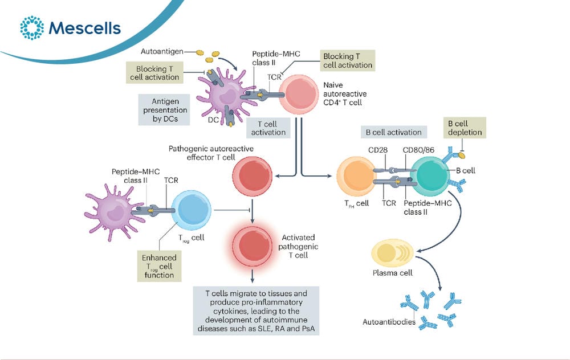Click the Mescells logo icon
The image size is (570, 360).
point(32,27)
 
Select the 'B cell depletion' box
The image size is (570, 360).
point(465,128)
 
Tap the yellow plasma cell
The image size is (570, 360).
point(392,253)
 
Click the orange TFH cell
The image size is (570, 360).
point(356,177)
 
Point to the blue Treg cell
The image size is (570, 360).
point(191,210)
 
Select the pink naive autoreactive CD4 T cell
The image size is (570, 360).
point(299,95)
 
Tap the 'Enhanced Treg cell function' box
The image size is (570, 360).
point(159,266)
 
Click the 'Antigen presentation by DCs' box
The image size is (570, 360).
point(164,110)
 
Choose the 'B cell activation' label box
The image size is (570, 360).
point(394,132)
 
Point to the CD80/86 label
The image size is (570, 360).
point(418,150)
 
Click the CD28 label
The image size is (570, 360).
point(378,150)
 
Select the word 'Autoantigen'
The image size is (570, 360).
point(162,52)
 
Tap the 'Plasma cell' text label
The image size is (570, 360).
point(393,273)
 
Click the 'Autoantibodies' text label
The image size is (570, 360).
point(389,322)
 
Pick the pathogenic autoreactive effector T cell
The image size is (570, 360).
point(253,176)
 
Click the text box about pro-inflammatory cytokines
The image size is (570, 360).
point(256,311)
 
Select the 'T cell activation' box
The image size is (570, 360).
point(268,128)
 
